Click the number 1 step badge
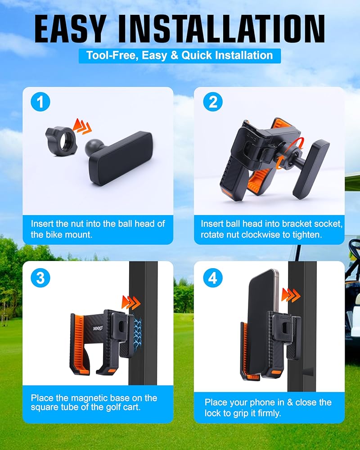(x=40, y=102)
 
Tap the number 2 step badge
(x=213, y=102)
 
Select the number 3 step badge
(x=40, y=278)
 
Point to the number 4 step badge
(x=213, y=278)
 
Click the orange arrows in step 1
(x=82, y=126)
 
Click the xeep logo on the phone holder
(x=98, y=328)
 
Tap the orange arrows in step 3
(x=131, y=302)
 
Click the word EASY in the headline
(x=70, y=29)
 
